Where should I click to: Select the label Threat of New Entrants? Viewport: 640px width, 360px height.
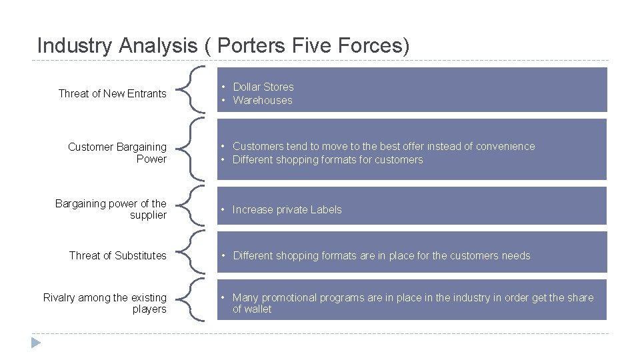pyautogui.click(x=112, y=93)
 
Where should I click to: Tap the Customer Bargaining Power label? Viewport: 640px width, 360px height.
pyautogui.click(x=117, y=153)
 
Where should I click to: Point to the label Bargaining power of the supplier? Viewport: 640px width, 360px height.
pyautogui.click(x=111, y=209)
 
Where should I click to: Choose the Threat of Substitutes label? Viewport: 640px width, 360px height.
pyautogui.click(x=117, y=255)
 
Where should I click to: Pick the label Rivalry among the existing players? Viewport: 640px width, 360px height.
pyautogui.click(x=105, y=303)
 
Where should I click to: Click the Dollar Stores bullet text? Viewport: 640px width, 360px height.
pyautogui.click(x=263, y=87)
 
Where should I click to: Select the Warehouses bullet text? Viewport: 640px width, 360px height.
pyautogui.click(x=262, y=100)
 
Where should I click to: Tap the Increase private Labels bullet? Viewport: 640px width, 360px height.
pyautogui.click(x=287, y=209)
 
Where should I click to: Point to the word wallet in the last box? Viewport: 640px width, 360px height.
pyautogui.click(x=258, y=309)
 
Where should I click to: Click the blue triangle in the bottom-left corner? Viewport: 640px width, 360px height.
pyautogui.click(x=36, y=343)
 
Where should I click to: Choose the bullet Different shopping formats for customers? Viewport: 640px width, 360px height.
pyautogui.click(x=327, y=159)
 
